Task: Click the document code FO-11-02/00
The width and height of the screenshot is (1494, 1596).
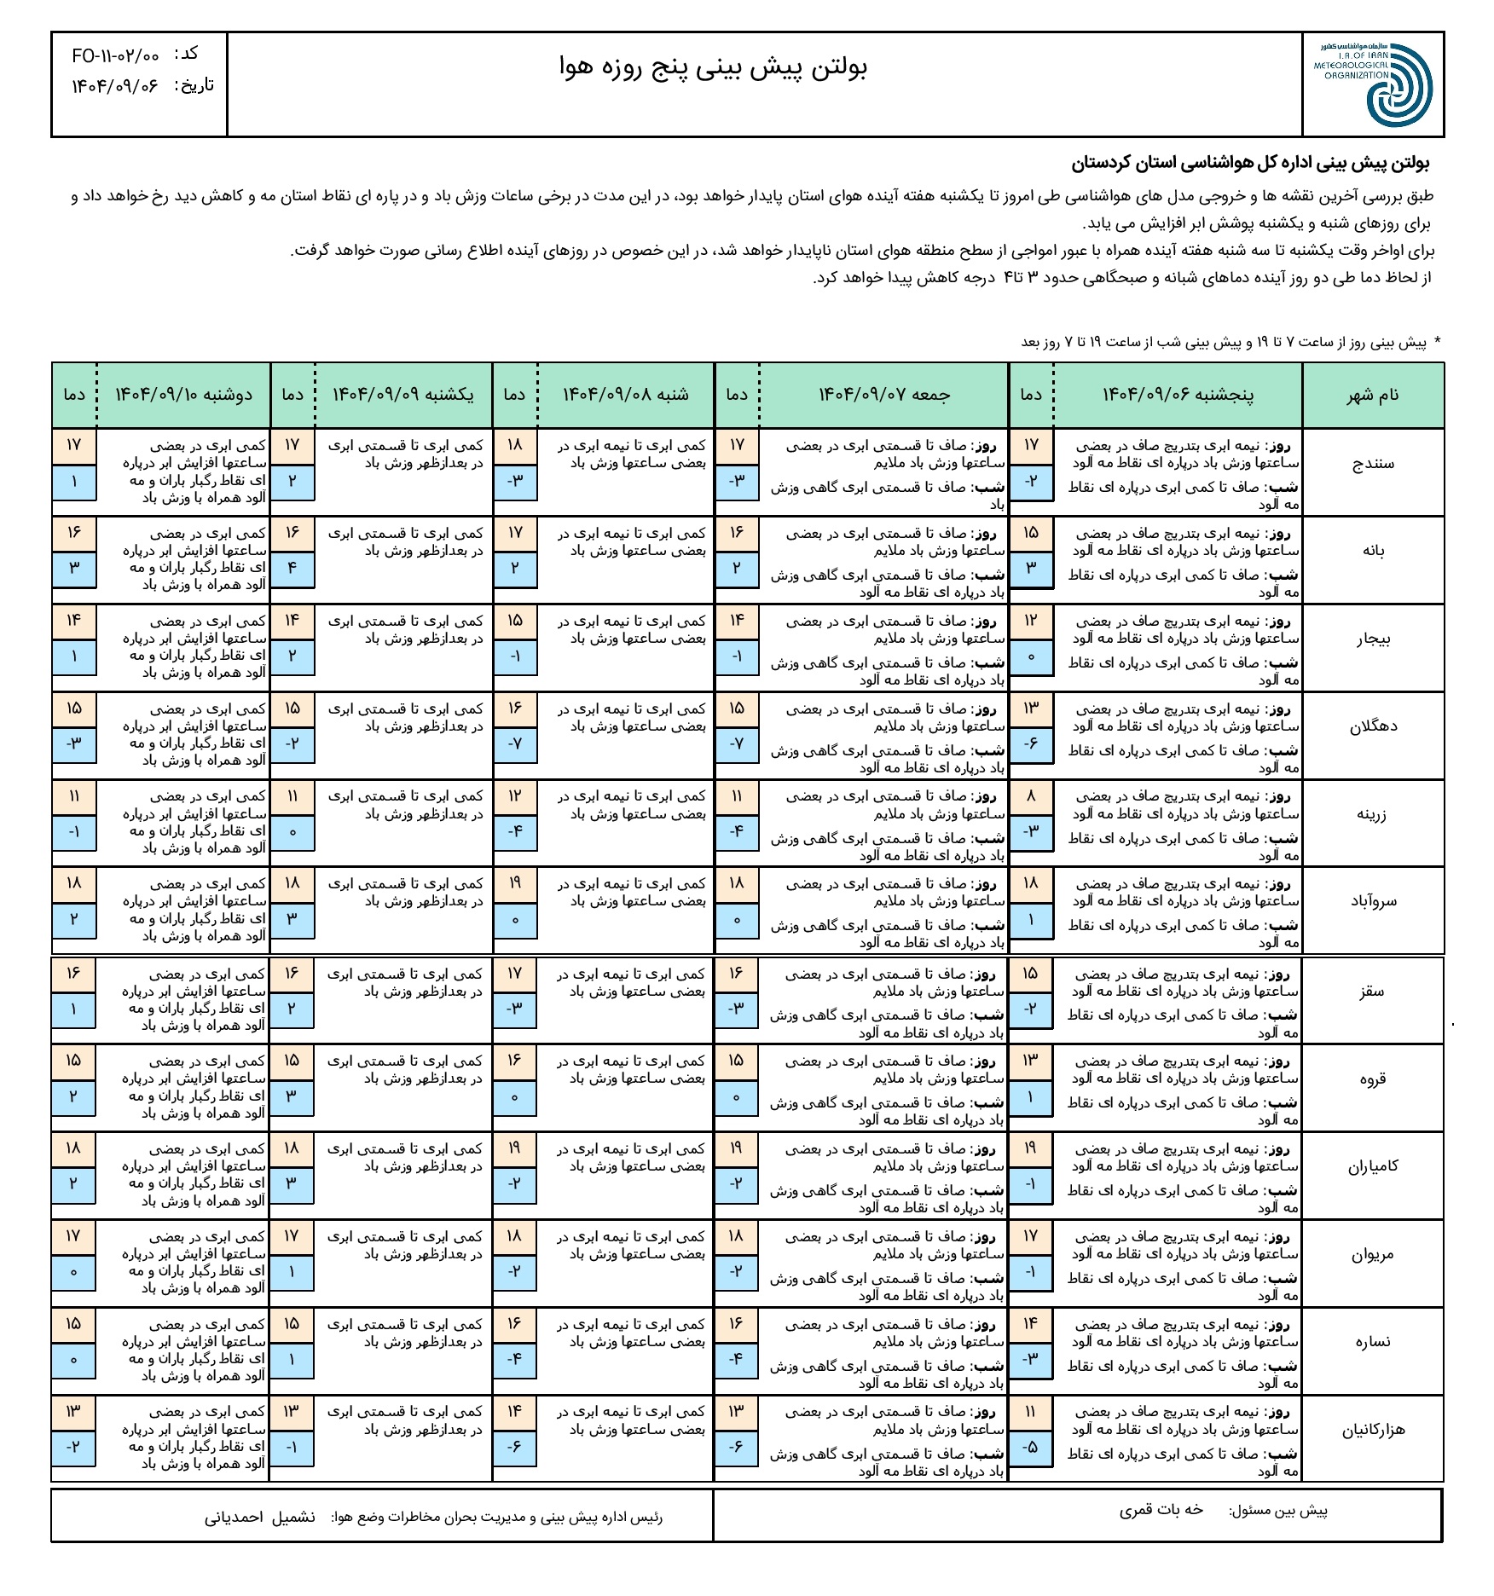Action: [x=115, y=55]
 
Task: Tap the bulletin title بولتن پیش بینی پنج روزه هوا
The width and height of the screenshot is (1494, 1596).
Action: [x=713, y=68]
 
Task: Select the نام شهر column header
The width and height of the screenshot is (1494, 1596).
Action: [x=1372, y=396]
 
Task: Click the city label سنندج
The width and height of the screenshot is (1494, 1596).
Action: [x=1373, y=464]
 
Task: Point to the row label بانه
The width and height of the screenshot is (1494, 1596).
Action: [x=1373, y=552]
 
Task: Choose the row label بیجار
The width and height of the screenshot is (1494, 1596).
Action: [x=1373, y=639]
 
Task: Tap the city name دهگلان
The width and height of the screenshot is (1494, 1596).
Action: [x=1373, y=727]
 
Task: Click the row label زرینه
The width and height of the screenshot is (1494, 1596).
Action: [x=1372, y=814]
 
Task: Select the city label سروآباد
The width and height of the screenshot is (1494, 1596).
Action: [x=1373, y=902]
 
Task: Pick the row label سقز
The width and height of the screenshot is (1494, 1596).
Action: [x=1372, y=992]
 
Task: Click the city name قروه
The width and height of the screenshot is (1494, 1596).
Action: [x=1372, y=1078]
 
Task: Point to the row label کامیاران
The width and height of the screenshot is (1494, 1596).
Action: [x=1372, y=1166]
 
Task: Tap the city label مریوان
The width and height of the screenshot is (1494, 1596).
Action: [x=1372, y=1254]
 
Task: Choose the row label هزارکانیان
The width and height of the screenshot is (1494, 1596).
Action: [x=1372, y=1430]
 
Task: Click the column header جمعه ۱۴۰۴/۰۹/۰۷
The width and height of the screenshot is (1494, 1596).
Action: [x=883, y=395]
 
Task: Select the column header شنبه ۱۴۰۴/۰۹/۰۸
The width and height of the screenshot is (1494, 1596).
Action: [x=625, y=395]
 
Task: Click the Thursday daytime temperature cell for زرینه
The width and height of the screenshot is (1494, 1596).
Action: [x=1030, y=797]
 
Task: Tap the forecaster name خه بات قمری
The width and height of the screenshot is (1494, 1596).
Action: [x=1161, y=1511]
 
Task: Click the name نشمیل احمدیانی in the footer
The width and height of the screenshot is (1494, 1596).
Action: [x=259, y=1518]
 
